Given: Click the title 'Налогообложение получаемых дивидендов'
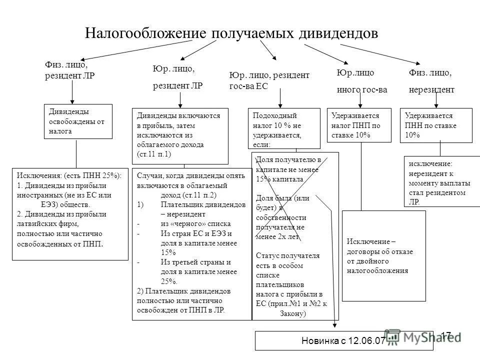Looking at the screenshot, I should (x=231, y=33).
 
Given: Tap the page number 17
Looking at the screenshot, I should (x=446, y=335).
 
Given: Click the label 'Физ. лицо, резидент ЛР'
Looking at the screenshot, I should (x=69, y=70).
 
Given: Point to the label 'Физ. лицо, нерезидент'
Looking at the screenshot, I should (x=431, y=81).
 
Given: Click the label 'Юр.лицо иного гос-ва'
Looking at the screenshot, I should (x=361, y=81).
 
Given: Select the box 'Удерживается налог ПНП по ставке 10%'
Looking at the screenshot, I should (x=358, y=125).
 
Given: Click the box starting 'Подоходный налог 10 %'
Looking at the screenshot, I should (x=284, y=128).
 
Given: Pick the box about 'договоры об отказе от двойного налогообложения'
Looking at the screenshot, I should (x=383, y=255).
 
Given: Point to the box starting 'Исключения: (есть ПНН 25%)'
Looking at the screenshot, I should (x=69, y=214).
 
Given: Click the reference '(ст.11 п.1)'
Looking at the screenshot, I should (x=154, y=154).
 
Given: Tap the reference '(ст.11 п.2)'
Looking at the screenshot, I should (x=196, y=194).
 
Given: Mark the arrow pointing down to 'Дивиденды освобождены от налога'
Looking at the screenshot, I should (x=73, y=92).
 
